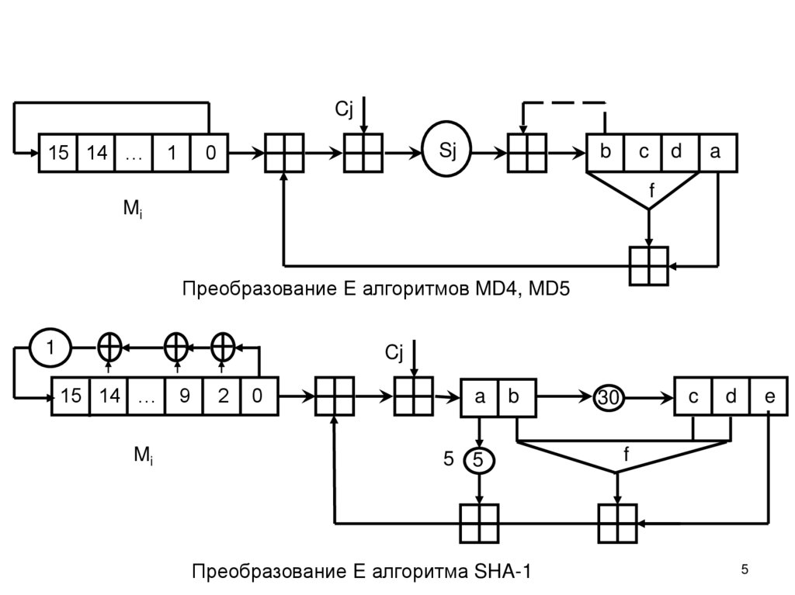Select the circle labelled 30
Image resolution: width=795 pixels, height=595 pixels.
pos(609,398)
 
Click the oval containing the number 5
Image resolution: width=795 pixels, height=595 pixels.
pos(479,460)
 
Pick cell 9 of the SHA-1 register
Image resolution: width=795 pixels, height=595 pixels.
pos(184,397)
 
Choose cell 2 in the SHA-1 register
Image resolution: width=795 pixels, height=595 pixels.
pos(223,397)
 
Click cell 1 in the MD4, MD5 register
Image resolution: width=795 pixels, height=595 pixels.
pos(172,154)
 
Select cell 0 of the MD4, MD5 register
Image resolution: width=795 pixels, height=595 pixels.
pos(210,154)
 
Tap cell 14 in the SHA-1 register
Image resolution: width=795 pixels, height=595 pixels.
pos(109,397)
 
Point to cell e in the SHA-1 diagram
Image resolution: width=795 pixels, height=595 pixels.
pos(769,397)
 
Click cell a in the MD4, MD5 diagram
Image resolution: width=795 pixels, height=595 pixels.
pos(716,153)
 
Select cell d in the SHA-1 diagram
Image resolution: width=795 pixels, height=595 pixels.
pos(731,397)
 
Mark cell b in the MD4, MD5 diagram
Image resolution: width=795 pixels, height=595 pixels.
pos(605,153)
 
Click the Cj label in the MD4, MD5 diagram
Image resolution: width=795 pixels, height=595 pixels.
pos(344,110)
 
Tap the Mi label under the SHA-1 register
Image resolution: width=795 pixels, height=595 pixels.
pos(144,458)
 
